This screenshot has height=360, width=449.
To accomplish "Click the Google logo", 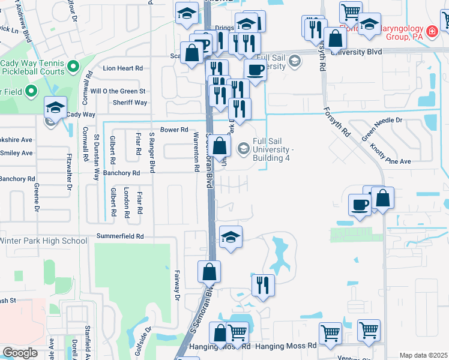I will (x=20, y=353).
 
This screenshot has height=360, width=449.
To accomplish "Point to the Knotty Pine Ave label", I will (x=391, y=154).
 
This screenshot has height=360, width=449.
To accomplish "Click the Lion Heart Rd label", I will (x=122, y=68).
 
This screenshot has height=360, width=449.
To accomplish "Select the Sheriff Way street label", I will (x=130, y=103).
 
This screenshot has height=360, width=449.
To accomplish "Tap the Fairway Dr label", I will (x=178, y=283).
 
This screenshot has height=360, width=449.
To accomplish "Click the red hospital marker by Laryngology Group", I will (x=431, y=31).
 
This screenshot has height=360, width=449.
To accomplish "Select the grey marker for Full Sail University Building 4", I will (x=243, y=146).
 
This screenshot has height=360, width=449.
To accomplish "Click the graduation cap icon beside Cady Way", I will (x=56, y=107).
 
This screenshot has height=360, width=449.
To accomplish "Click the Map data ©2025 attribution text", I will (x=423, y=355).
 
